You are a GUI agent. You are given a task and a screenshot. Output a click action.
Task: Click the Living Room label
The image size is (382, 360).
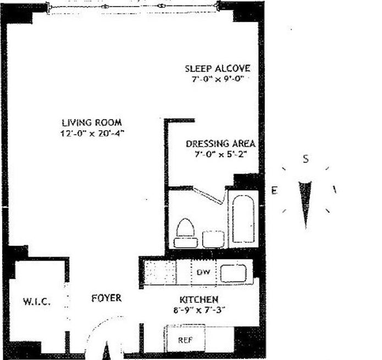point(92,123)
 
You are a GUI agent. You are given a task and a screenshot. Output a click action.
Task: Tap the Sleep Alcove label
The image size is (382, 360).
point(217,69)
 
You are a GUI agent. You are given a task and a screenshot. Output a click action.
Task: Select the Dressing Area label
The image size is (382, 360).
point(220,144)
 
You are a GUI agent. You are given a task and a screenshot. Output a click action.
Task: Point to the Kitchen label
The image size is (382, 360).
point(199,300)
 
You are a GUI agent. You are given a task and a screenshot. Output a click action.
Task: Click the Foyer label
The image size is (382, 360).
point(106,298)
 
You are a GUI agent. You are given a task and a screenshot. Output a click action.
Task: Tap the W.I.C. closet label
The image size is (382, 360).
point(37,301)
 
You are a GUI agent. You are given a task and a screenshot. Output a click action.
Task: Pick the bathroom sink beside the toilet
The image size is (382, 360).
point(213,239)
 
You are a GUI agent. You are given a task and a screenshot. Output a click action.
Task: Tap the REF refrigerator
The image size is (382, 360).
point(185,340)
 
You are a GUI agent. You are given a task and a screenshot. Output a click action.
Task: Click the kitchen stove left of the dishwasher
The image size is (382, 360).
point(159,272)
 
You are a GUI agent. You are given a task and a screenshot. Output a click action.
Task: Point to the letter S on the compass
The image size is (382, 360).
point(306,159)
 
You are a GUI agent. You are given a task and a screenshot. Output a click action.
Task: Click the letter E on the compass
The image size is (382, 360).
point(274,190)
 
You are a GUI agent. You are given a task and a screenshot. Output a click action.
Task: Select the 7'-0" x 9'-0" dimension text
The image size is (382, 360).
point(217,79)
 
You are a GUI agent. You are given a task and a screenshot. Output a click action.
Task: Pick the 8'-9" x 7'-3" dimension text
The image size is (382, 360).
point(198,310)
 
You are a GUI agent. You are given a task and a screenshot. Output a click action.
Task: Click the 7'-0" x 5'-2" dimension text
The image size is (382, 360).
point(220,154)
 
